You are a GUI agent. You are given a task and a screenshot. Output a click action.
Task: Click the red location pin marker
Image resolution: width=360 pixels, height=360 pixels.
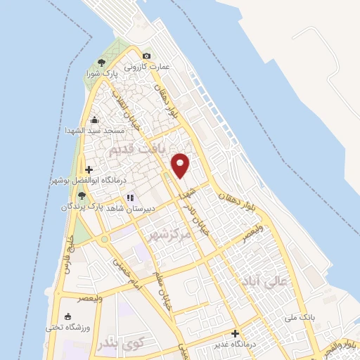coord(181,165)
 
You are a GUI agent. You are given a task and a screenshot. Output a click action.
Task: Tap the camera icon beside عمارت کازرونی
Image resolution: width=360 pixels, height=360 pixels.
coord(146,56)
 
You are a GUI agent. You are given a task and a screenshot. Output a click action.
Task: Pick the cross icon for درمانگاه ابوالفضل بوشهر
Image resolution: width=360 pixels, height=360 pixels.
coord(88,169)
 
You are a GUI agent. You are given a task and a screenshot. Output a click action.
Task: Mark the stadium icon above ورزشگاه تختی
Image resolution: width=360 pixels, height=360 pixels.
coord(67,317)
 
